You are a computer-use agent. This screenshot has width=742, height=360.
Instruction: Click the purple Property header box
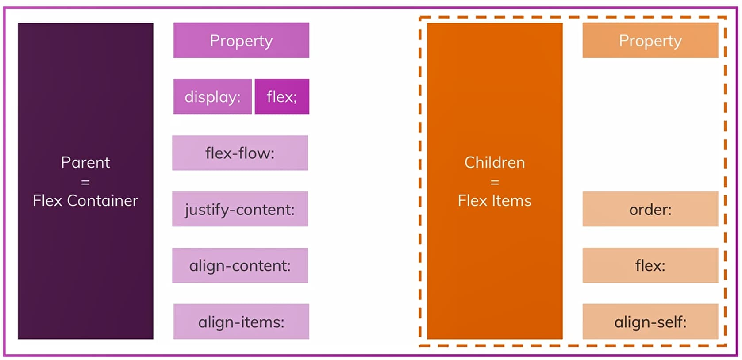click(241, 40)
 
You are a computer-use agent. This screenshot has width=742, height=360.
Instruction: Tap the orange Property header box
click(650, 40)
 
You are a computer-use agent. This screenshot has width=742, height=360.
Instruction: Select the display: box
click(212, 96)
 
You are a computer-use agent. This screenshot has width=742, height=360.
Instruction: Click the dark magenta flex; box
click(282, 96)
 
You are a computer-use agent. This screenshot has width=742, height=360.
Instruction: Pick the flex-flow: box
click(240, 153)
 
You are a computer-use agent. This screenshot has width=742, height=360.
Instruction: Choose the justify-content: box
click(240, 209)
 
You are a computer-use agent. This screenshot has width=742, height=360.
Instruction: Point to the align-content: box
click(240, 265)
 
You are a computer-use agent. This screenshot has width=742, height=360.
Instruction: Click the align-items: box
click(241, 322)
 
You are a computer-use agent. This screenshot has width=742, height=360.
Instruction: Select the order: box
click(650, 209)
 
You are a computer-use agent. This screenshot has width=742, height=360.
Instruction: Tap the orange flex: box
click(650, 265)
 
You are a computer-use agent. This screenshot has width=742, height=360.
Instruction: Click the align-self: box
click(650, 322)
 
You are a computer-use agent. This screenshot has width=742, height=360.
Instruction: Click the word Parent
click(85, 162)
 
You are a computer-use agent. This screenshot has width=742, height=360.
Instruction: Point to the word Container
click(102, 201)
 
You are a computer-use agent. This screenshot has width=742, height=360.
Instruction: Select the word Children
click(495, 162)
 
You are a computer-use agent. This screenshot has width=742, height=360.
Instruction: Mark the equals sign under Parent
click(85, 182)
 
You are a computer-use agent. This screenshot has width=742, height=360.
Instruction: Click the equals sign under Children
click(495, 182)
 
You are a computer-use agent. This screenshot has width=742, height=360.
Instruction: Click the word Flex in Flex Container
click(47, 201)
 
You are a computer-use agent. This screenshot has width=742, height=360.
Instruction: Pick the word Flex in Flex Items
click(473, 201)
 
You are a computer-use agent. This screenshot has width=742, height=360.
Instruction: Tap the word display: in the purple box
click(212, 96)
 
